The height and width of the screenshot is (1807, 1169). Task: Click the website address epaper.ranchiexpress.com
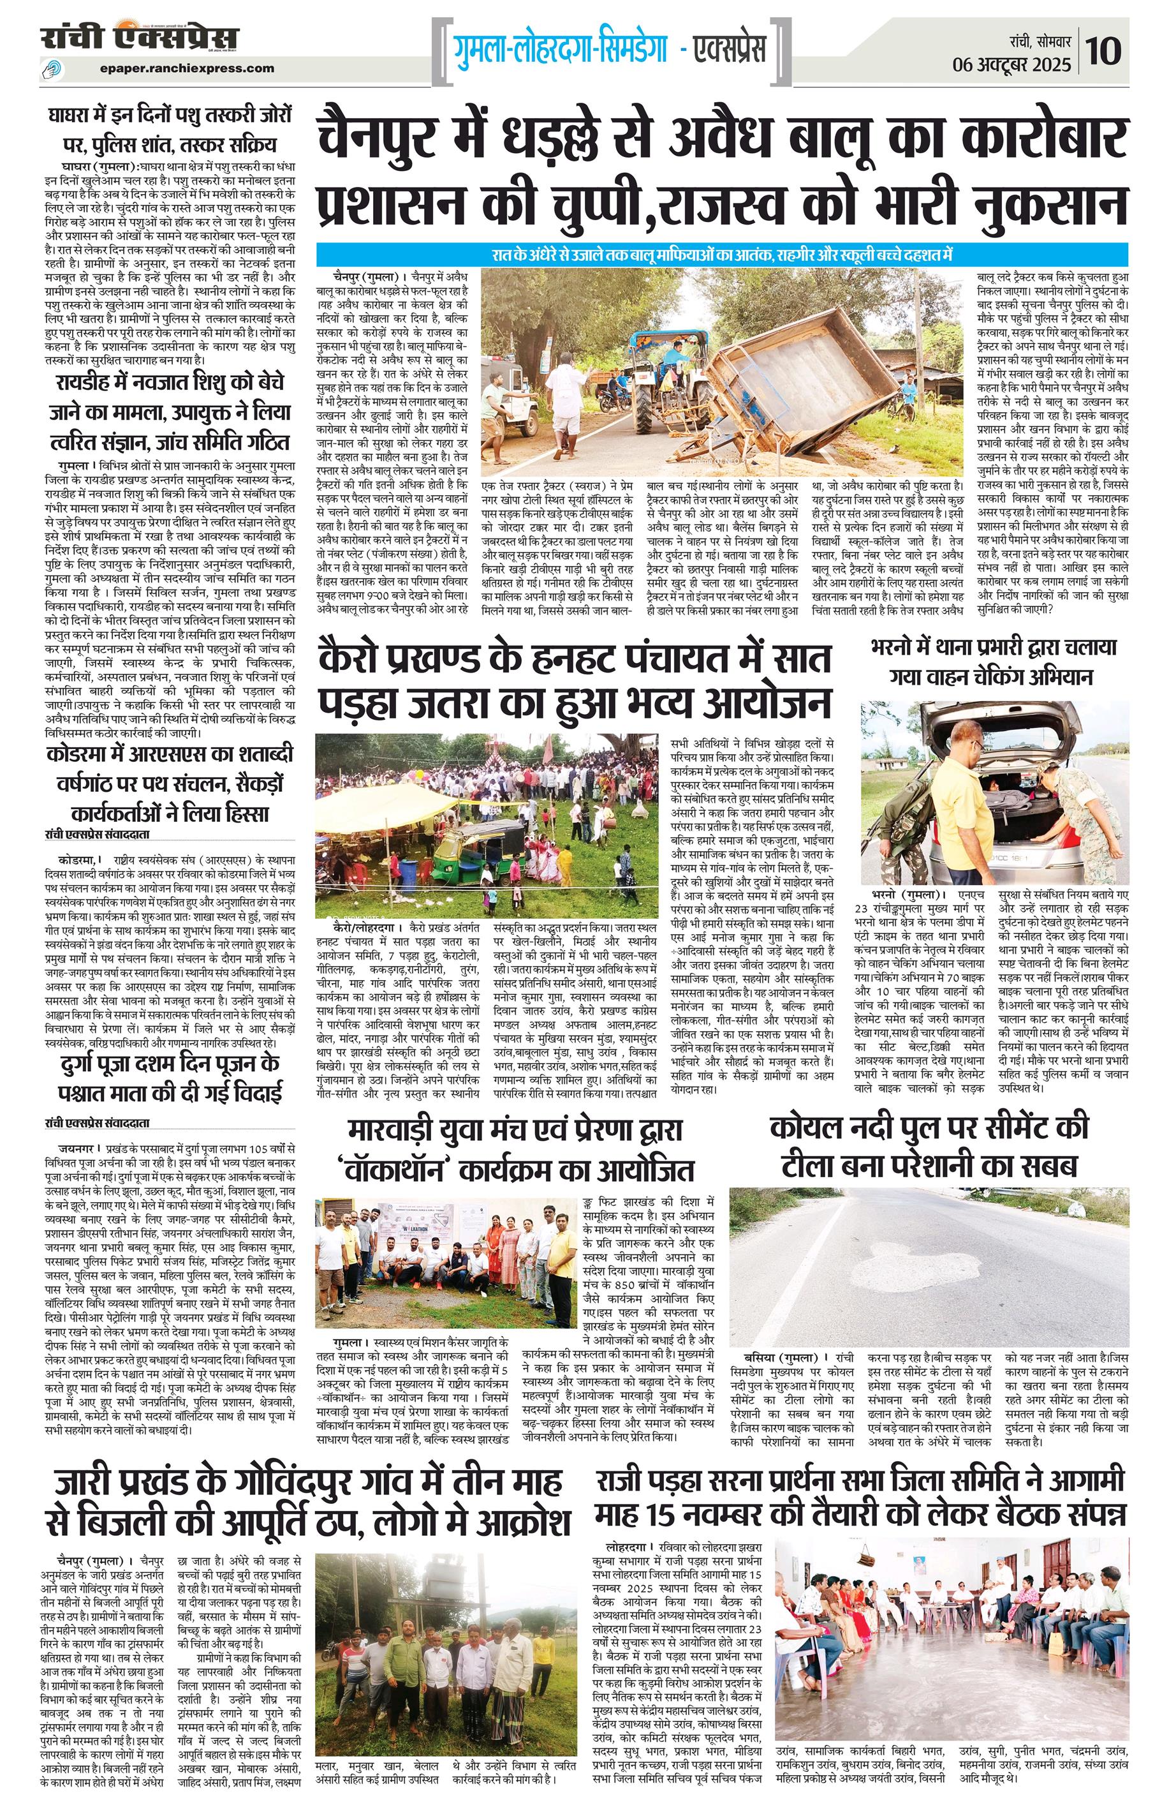(x=187, y=68)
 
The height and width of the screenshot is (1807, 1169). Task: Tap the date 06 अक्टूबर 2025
(x=1012, y=64)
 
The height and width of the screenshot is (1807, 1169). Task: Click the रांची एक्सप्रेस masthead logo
(x=141, y=38)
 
